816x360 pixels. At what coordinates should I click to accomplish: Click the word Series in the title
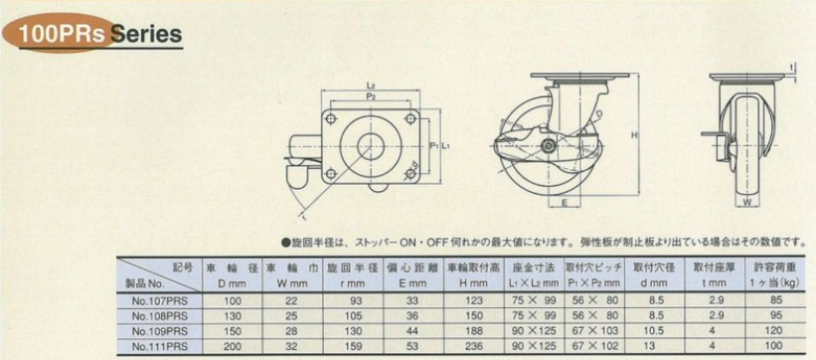pos(147,35)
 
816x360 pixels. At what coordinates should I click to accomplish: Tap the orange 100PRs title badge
pos(58,35)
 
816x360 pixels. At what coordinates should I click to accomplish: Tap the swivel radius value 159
pos(351,345)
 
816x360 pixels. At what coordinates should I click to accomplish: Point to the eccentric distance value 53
pos(412,345)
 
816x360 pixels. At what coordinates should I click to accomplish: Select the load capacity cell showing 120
pos(761,329)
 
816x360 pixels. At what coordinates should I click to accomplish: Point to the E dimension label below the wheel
pos(564,205)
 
